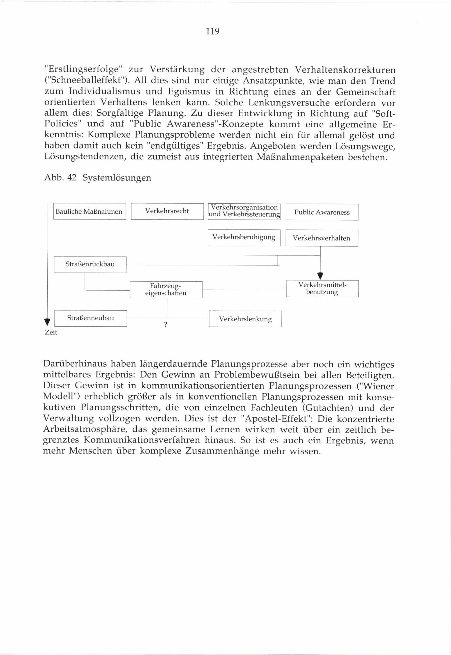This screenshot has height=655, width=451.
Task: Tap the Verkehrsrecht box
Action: pos(167,211)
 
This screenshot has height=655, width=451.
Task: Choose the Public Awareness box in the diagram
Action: pos(322,212)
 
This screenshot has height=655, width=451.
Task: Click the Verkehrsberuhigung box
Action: pos(244,238)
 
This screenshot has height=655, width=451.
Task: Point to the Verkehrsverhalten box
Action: pos(322,238)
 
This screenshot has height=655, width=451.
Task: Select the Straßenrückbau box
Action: pos(90,264)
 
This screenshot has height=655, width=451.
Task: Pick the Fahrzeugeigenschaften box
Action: pos(166,289)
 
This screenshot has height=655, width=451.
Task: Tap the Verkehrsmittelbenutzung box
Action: pos(322,288)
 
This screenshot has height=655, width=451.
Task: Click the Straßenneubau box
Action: pos(90,318)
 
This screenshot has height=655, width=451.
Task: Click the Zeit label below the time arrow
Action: pos(51,333)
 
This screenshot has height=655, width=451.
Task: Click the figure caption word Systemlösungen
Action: pos(117,178)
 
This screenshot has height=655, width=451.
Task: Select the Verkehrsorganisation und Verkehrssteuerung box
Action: pos(244,211)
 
